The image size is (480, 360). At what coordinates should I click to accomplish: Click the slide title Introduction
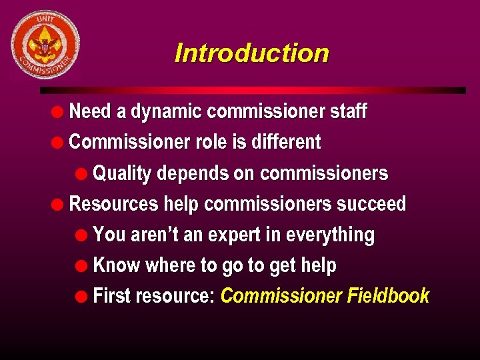[251, 53]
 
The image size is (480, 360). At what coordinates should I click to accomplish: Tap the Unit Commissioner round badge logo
[45, 45]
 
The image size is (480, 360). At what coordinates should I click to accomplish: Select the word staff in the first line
[348, 111]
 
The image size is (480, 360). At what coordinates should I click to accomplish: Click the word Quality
[123, 174]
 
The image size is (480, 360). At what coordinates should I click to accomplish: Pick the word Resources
[114, 204]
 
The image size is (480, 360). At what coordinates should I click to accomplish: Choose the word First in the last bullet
[111, 296]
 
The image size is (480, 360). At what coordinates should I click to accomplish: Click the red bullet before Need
[59, 111]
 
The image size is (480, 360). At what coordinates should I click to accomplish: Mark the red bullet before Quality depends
[82, 174]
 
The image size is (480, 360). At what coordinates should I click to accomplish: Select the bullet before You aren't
[82, 235]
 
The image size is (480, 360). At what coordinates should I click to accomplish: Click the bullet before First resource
[82, 296]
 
